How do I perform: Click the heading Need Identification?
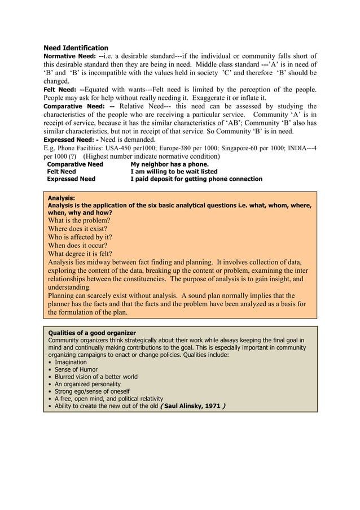point(76,48)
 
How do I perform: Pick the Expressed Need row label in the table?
point(71,179)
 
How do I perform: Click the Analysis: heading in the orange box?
point(62,198)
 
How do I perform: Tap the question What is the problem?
point(79,220)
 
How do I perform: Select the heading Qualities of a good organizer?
point(91,333)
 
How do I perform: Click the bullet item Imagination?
point(71,362)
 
